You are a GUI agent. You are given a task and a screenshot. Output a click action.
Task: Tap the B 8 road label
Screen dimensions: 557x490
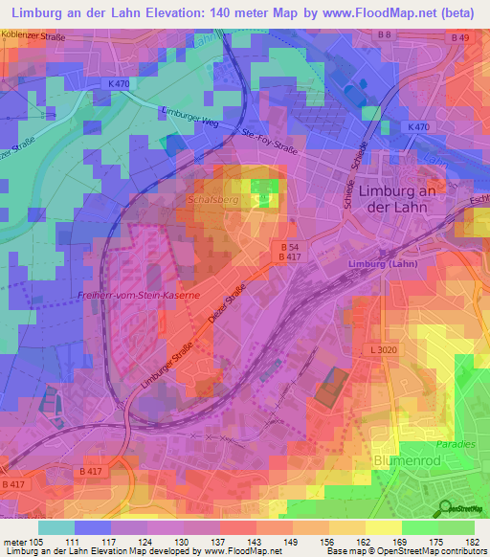pyautogui.click(x=385, y=35)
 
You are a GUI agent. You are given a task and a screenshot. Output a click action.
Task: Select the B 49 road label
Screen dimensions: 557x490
pyautogui.click(x=460, y=37)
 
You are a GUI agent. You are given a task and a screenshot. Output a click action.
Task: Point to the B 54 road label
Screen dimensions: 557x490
pyautogui.click(x=291, y=246)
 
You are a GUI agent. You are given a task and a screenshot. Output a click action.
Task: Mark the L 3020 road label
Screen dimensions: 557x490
pyautogui.click(x=385, y=351)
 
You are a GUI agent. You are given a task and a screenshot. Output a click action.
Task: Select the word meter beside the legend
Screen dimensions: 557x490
pyautogui.click(x=14, y=542)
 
